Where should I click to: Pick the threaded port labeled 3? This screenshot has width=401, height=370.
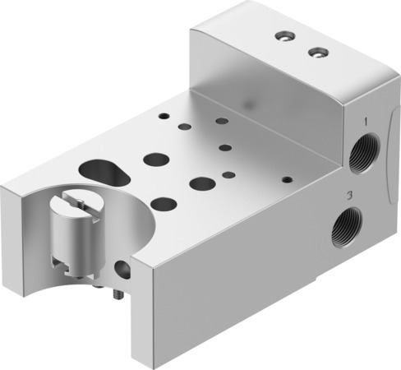pyautogui.click(x=343, y=229)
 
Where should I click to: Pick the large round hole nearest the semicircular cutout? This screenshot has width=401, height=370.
pyautogui.click(x=164, y=202)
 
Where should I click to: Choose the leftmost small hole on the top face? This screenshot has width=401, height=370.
pyautogui.click(x=163, y=117)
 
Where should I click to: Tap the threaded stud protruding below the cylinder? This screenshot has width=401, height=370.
pyautogui.click(x=114, y=293)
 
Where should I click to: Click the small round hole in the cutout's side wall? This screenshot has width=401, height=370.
pyautogui.click(x=123, y=267)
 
